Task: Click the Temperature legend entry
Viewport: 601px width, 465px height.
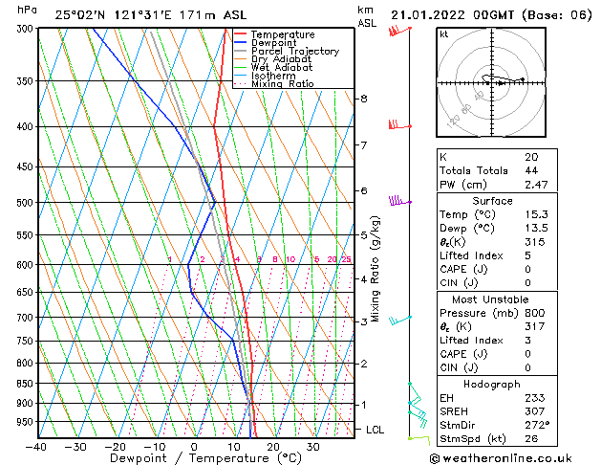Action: [282, 34]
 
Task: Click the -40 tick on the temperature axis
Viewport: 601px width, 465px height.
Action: [36, 447]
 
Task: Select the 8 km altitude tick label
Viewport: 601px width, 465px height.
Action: [364, 99]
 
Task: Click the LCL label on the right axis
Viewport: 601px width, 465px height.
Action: [376, 431]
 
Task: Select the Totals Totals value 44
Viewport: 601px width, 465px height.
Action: [530, 169]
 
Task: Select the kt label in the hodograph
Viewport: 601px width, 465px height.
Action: [443, 34]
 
